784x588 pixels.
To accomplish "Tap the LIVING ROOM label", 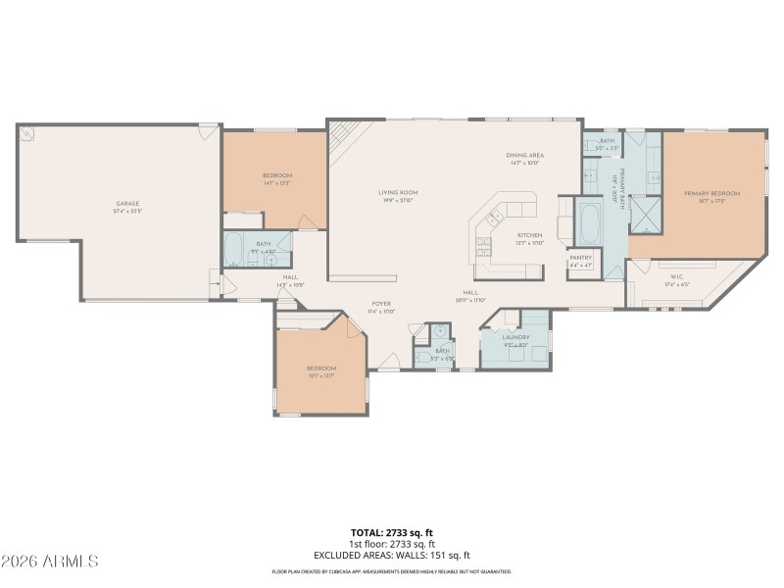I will pos(399,192).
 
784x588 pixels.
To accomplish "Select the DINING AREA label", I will pos(525,155).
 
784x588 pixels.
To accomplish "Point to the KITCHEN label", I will pos(530,235).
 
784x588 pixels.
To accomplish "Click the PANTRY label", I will pos(581,257).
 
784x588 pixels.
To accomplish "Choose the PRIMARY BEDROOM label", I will pos(711,194).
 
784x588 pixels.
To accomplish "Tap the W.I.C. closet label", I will pos(676,277).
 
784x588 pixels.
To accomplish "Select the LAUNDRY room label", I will pos(515,337).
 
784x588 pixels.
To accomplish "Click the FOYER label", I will pos(381,304).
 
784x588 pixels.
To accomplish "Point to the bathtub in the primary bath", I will pos(591,224).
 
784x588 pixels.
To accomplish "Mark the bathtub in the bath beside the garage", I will pos(235,252).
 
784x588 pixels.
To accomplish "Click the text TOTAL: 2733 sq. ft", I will pos(392,533).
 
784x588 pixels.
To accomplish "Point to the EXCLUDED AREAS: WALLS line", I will pos(392,555).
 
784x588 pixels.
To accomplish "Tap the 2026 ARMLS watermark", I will pos(50,562).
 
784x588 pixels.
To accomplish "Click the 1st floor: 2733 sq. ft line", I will pos(392,544).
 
